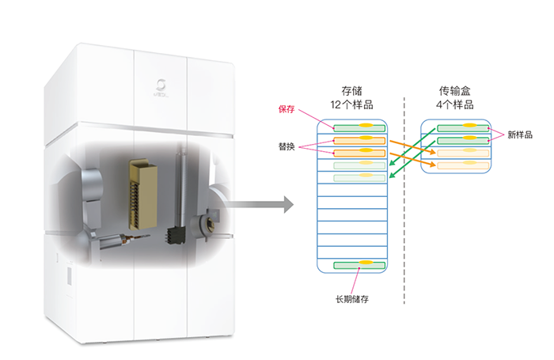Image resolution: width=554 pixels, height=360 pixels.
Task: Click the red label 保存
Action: [286, 109]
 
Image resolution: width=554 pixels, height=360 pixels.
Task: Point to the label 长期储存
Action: [353, 298]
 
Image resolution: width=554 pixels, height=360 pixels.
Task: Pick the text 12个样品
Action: [352, 104]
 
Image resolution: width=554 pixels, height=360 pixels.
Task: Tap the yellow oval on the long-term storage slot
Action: [366, 263]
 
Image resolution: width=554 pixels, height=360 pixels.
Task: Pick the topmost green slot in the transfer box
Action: [460, 127]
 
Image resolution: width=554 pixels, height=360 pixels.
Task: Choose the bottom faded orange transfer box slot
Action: [460, 165]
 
